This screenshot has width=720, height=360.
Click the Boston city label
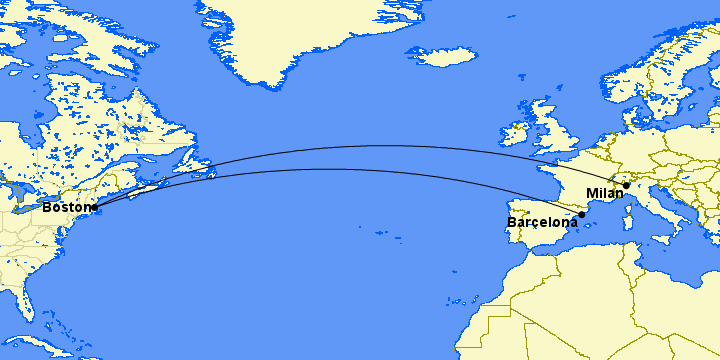(x=65, y=207)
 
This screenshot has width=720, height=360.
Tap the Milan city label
(x=605, y=193)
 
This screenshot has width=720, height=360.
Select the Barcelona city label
(x=542, y=222)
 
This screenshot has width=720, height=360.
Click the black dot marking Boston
(x=94, y=208)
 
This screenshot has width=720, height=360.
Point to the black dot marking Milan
(x=626, y=185)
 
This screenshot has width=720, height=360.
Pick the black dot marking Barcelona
(x=582, y=214)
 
